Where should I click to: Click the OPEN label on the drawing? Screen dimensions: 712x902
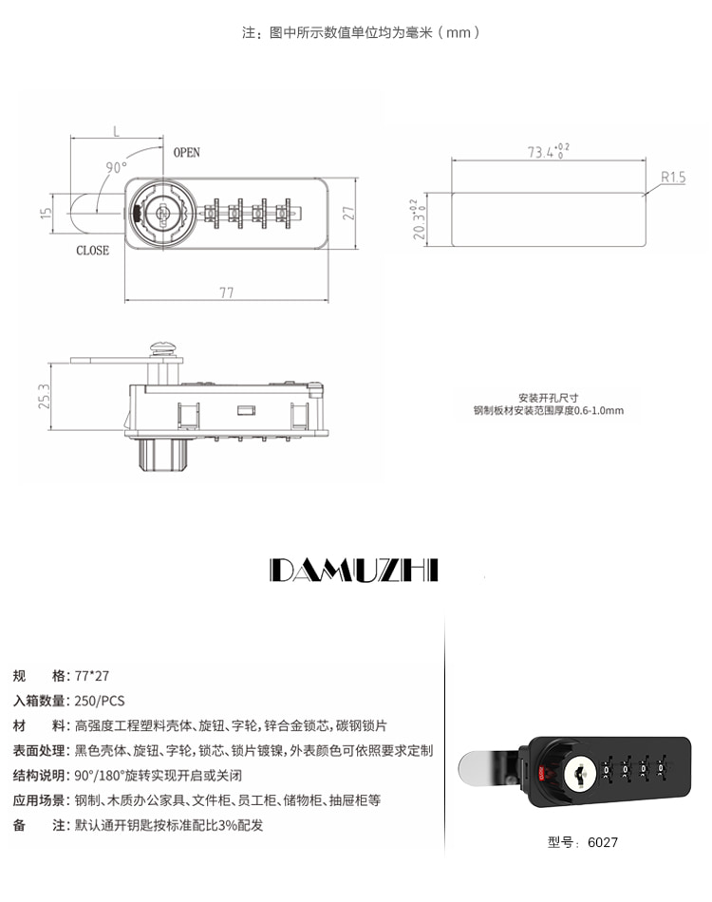[186, 153]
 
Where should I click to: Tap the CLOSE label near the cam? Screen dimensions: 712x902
[93, 251]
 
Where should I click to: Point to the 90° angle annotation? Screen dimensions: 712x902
[116, 167]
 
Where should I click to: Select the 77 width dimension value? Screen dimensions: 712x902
[227, 292]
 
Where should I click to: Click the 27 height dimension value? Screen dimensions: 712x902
[348, 213]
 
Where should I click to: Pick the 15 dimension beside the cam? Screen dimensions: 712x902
[46, 213]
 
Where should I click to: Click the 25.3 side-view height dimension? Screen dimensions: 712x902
[45, 396]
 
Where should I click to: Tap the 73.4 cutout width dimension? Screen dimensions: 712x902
[548, 151]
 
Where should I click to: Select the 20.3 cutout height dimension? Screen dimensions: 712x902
[418, 219]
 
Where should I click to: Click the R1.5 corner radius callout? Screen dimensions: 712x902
[673, 177]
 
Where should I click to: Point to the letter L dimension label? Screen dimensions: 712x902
[116, 132]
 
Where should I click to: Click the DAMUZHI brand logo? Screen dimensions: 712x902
[354, 570]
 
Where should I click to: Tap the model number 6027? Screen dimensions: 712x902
[602, 842]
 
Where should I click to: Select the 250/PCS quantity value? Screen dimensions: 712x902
[100, 701]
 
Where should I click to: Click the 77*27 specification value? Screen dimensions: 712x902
[92, 676]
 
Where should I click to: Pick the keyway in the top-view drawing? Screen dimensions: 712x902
[162, 213]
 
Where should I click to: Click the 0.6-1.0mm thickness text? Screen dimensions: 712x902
[599, 410]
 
